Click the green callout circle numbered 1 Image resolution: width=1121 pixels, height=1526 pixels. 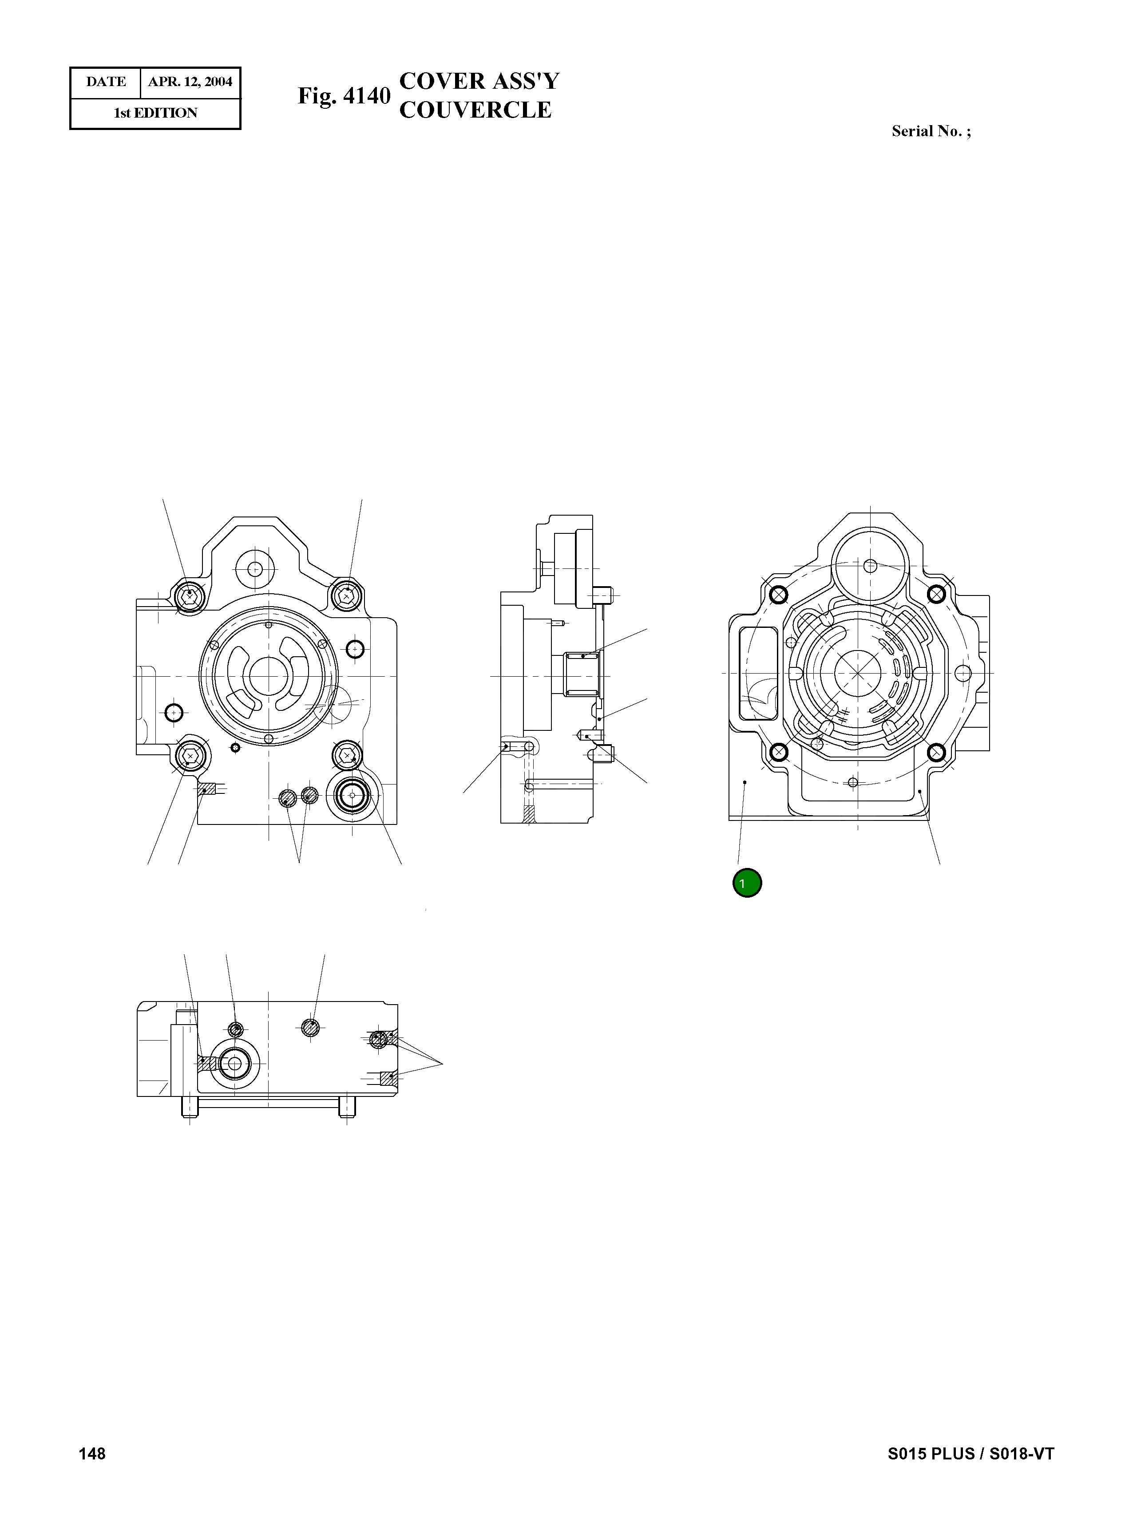coord(747,883)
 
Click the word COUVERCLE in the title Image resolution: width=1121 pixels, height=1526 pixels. coord(475,110)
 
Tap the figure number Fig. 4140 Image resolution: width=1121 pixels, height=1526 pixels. coord(344,96)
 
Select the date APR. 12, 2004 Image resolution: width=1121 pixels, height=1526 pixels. coord(190,82)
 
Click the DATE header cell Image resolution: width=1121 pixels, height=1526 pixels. coord(106,82)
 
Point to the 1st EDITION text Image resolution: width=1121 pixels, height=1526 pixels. coord(155,113)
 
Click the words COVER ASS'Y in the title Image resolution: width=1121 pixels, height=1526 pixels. coord(479,81)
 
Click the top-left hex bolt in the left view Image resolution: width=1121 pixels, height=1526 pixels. coord(190,596)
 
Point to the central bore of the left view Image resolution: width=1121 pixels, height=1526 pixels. coord(269,675)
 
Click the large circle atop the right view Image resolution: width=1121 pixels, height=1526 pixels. coord(871,565)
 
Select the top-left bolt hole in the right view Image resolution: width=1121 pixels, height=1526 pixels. coord(779,595)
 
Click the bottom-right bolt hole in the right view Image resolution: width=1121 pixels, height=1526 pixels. coord(936,752)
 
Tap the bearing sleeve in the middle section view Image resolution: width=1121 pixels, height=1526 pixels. coord(582,674)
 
